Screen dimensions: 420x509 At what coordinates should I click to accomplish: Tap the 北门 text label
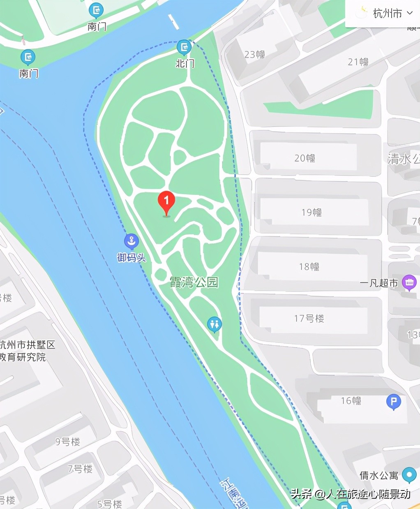[x=185, y=63]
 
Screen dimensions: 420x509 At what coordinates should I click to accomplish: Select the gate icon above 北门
[x=184, y=48]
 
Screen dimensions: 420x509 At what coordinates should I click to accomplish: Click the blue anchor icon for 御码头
[x=131, y=241]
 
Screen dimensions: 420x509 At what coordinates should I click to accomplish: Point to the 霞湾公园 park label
[x=194, y=282]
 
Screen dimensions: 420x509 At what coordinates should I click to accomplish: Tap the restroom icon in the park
[x=214, y=324]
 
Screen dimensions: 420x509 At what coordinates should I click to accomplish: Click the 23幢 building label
[x=254, y=54]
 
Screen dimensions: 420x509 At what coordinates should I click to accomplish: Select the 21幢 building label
[x=358, y=62]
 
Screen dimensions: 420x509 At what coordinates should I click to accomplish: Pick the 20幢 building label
[x=305, y=158]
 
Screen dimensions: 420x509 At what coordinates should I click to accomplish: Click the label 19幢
[x=312, y=212]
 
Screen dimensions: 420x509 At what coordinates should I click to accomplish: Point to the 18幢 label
[x=309, y=266]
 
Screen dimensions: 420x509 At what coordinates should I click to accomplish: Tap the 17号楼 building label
[x=309, y=318]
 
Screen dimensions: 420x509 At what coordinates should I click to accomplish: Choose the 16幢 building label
[x=351, y=400]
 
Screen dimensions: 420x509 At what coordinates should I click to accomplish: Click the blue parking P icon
[x=393, y=401]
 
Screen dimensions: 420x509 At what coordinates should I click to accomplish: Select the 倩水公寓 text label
[x=378, y=475]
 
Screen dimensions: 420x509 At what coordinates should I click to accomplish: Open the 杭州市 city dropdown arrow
[x=410, y=13]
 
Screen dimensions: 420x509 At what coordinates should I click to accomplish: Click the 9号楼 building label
[x=68, y=442]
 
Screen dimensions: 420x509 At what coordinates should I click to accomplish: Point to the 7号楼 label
[x=80, y=469]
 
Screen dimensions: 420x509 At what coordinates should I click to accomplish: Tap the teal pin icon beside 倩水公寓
[x=409, y=474]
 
